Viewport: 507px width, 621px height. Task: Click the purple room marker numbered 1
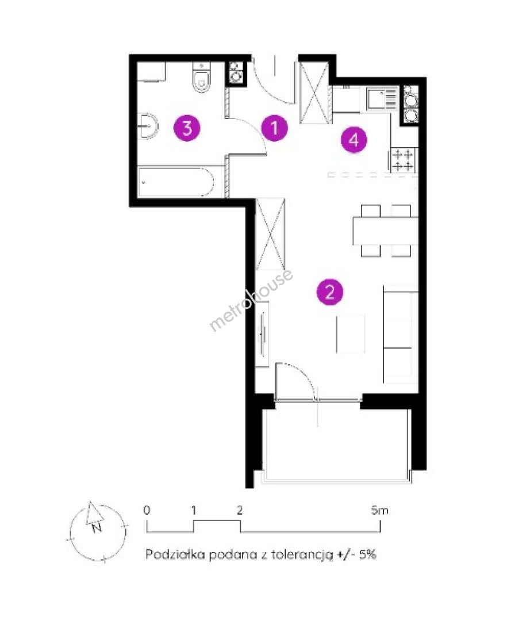click(x=275, y=128)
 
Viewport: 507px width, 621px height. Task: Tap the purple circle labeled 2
click(x=330, y=292)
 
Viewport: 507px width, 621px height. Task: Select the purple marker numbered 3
click(x=187, y=128)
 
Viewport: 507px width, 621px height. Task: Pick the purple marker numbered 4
click(x=354, y=139)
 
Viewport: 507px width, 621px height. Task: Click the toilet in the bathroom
click(x=202, y=78)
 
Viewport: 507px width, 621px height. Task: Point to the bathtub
click(x=176, y=182)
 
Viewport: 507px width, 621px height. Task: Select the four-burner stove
click(x=404, y=160)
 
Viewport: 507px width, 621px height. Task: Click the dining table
click(x=386, y=231)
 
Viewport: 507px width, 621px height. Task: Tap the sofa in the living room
click(x=401, y=334)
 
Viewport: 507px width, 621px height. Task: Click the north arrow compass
click(x=98, y=531)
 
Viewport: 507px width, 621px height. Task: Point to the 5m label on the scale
click(x=379, y=511)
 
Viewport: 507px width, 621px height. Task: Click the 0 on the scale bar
click(x=147, y=510)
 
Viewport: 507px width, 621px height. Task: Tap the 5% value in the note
click(x=368, y=554)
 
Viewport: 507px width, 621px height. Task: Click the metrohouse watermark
click(x=251, y=300)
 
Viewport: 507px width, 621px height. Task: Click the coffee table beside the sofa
click(x=350, y=334)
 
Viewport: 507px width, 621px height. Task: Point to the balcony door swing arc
click(x=304, y=372)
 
